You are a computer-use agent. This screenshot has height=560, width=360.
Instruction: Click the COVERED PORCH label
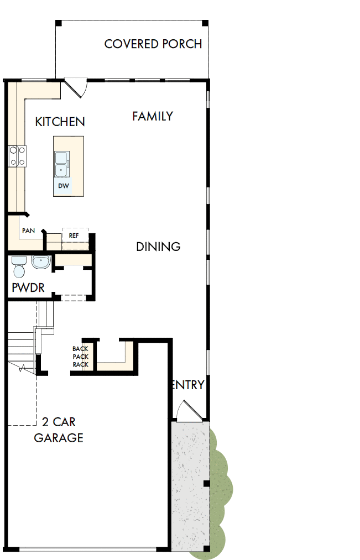coord(153,44)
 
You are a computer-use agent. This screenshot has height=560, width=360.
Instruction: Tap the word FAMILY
coord(153,116)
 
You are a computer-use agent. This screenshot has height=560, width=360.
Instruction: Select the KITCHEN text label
coord(60,122)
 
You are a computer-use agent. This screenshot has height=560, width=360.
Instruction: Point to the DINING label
coord(158,247)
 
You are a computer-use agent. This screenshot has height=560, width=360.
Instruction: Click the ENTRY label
coord(188,385)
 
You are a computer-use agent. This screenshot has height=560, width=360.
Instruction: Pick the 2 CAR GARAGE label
coord(59,430)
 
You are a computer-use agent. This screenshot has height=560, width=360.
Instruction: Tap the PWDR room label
coord(28,288)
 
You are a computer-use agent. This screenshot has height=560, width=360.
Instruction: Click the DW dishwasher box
coord(64,186)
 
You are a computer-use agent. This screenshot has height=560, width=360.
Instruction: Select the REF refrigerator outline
coord(74,235)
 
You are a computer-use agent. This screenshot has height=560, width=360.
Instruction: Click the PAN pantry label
coord(28,230)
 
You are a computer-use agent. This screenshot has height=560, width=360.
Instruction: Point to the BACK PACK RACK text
coord(80,357)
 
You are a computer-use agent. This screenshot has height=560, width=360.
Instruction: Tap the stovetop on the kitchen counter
coord(17,155)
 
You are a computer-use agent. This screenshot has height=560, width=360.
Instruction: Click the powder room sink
coord(41,261)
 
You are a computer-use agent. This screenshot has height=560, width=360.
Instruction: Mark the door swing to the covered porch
coord(75,86)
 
